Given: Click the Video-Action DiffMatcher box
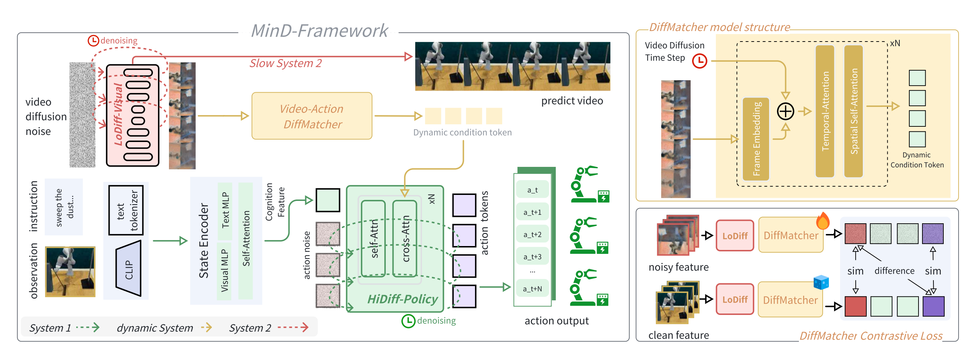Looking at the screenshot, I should [312, 116].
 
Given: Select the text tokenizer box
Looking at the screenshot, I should [126, 210].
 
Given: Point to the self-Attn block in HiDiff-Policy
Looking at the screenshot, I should [374, 239].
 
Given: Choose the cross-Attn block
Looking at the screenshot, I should [405, 239].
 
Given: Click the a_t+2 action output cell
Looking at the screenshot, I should [532, 235].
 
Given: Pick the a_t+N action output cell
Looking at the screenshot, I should [532, 289].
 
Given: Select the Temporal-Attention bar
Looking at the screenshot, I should [825, 111].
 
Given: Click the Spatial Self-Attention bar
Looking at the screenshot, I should [854, 111].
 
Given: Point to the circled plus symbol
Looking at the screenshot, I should [785, 111].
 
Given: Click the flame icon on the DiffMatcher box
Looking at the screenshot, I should [823, 221].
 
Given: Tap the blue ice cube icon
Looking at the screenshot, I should [821, 282].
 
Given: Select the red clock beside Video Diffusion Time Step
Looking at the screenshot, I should [700, 61].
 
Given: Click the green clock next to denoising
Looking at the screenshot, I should [408, 321].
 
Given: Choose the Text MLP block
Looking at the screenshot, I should [225, 211].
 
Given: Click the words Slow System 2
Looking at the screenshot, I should [285, 63].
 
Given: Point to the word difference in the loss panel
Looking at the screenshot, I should [894, 271].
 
